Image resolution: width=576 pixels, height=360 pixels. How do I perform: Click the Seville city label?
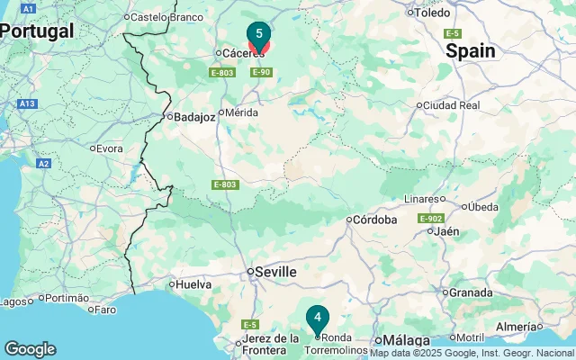tap(273, 272)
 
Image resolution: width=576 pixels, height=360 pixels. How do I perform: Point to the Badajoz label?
tap(194, 116)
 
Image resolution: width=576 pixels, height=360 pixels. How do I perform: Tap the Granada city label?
tap(471, 292)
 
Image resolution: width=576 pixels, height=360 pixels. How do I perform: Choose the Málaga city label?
tap(407, 340)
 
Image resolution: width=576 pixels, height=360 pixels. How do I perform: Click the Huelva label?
tap(193, 284)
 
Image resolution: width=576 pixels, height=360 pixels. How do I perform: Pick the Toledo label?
tap(431, 13)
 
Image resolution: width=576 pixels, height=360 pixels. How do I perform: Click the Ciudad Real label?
tap(450, 105)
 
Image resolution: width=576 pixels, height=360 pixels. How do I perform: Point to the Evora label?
tap(109, 148)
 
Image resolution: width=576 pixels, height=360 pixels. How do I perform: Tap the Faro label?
tap(105, 310)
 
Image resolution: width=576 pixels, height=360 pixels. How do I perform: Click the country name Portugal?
tap(36, 31)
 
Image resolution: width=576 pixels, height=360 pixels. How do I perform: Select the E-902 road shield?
tap(429, 219)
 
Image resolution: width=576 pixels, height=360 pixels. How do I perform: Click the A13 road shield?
tap(27, 103)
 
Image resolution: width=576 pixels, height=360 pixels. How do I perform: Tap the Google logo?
tap(30, 349)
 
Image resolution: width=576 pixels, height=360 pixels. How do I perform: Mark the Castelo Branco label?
tap(165, 16)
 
